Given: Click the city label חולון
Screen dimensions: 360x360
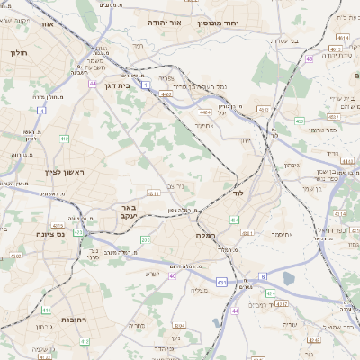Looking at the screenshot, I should click(x=19, y=53).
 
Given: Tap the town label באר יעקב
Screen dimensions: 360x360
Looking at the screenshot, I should click(x=128, y=212).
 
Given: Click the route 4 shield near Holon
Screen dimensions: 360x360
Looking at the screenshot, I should click(x=41, y=111).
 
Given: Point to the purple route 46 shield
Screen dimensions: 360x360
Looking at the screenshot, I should click(x=309, y=58).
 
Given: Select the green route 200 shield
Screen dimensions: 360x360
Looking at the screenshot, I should click(x=145, y=240).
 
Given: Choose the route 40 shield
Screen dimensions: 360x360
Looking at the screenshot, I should click(x=172, y=276).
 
